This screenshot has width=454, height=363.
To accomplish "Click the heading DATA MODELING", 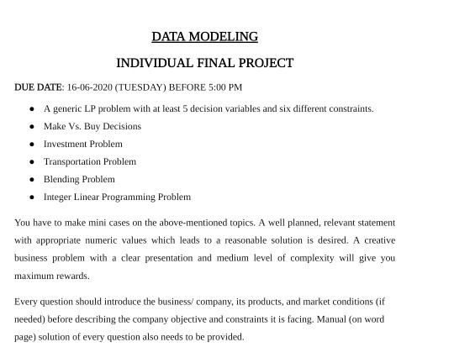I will point(204,37).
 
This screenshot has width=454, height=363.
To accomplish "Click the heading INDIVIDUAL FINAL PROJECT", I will point(204,63).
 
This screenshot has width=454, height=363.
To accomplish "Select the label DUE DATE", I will point(38,87).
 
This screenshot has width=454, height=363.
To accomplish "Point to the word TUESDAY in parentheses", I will point(141,87).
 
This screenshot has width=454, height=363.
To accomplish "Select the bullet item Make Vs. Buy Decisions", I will point(92,126).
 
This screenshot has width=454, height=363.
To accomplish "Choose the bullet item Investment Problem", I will point(82,144).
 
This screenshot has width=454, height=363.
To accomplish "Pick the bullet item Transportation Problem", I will point(89,161).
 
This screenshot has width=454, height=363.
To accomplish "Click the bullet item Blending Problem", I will point(79,179).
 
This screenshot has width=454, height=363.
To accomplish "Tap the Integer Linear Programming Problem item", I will point(117,197).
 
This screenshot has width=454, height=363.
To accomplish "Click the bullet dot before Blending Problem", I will point(32,179).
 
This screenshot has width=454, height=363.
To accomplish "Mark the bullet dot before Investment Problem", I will point(32,144).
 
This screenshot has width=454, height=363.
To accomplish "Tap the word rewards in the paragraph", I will point(73,276).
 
